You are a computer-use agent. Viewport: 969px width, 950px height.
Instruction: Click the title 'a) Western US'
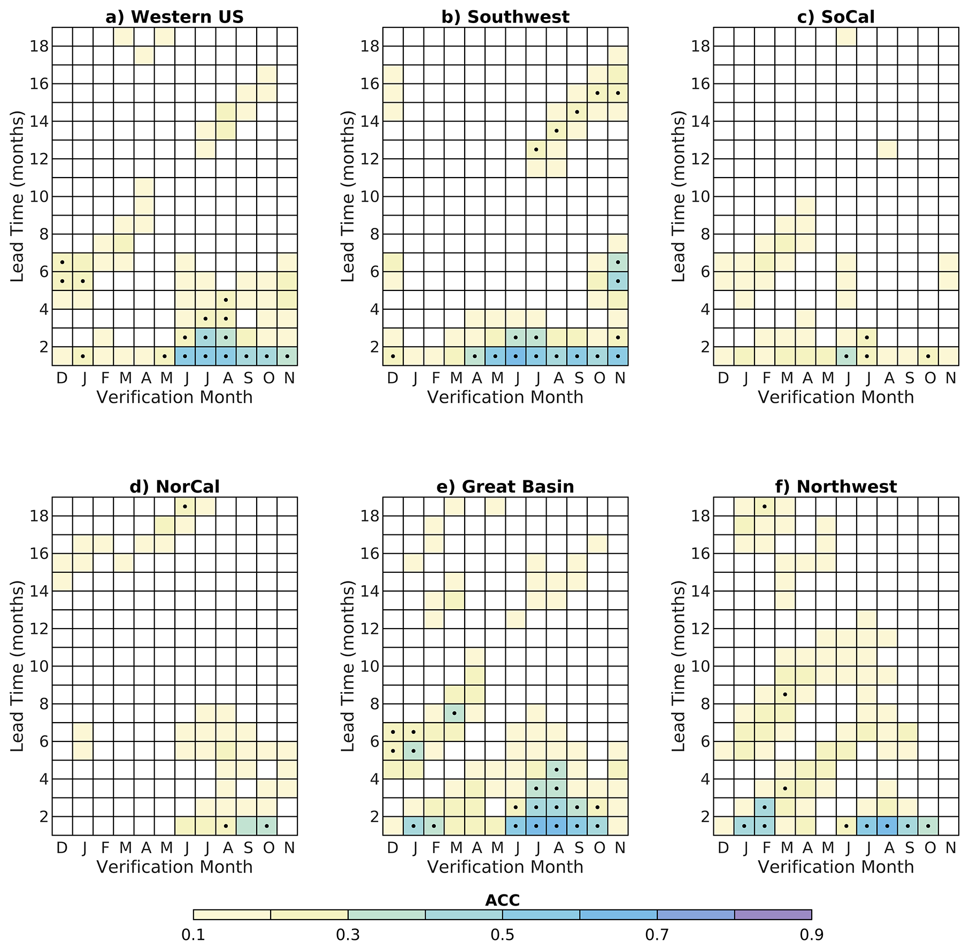[x=174, y=17]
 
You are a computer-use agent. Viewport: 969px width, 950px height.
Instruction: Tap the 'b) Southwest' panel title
[x=505, y=17]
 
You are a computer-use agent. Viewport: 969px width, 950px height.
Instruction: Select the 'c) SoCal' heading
[x=836, y=17]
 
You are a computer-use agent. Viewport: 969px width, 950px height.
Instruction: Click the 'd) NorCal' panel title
[x=174, y=487]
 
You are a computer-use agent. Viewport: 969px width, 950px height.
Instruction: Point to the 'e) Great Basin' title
[x=505, y=487]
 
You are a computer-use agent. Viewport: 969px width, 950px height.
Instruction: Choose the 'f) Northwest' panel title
[x=836, y=487]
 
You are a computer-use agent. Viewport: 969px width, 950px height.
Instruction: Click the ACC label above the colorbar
[x=502, y=900]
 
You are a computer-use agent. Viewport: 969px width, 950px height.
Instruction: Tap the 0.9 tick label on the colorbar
[x=811, y=934]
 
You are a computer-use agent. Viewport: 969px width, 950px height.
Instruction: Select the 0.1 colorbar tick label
[x=194, y=934]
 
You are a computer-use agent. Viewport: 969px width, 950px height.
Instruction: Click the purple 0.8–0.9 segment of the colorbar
[x=773, y=914]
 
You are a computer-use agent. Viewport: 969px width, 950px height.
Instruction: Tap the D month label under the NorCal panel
[x=62, y=848]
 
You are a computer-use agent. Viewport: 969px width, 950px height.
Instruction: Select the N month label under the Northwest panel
[x=950, y=848]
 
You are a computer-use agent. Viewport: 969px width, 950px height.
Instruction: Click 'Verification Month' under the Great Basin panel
[x=505, y=867]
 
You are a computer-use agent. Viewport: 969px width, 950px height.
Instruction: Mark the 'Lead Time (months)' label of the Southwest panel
[x=348, y=197]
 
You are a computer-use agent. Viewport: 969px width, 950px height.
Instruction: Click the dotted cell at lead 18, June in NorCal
[x=184, y=506]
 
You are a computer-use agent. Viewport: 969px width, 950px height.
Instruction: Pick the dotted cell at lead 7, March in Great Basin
[x=454, y=713]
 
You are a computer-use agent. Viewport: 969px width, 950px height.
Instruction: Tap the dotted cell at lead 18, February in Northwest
[x=765, y=506]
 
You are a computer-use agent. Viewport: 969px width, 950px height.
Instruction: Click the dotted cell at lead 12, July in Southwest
[x=536, y=149]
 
